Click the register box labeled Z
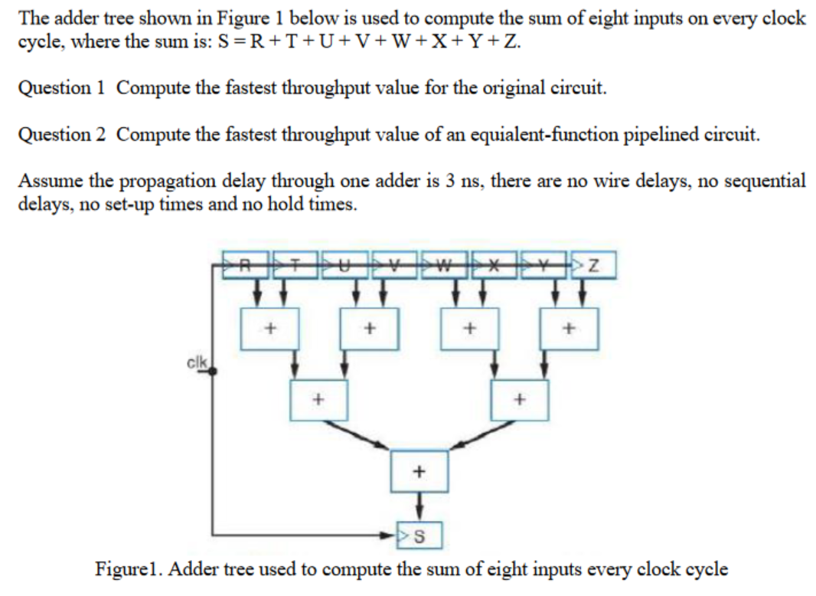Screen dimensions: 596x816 [x=595, y=266]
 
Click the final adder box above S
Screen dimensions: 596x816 [x=419, y=471]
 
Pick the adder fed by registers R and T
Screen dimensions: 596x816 [x=269, y=329]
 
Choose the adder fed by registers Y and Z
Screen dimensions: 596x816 [x=569, y=329]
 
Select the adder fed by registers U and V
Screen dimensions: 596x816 [x=369, y=329]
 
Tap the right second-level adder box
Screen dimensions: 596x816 [x=520, y=399]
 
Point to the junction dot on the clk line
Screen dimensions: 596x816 [x=212, y=371]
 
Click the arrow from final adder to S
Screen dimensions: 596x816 [x=419, y=506]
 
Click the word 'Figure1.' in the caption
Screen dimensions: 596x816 [x=129, y=569]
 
